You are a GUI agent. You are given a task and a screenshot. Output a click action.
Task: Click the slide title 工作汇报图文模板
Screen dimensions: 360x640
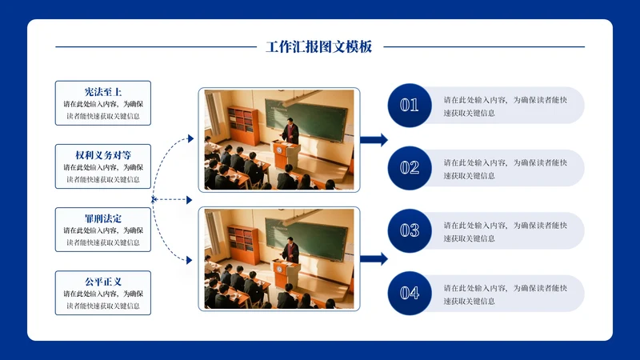[319, 47]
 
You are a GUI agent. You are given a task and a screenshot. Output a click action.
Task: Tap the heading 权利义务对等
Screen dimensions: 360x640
[103, 154]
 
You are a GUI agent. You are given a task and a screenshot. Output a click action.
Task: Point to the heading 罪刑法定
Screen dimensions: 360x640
[103, 218]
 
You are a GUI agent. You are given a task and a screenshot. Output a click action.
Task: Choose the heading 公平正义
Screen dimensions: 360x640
[103, 281]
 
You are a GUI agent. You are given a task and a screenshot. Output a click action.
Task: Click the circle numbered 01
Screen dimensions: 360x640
[410, 105]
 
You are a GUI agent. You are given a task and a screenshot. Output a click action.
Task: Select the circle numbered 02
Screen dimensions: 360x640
[410, 168]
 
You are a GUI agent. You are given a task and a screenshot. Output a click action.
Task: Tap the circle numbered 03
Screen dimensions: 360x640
[410, 230]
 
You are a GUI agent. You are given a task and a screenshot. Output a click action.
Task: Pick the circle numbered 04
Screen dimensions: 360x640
[410, 293]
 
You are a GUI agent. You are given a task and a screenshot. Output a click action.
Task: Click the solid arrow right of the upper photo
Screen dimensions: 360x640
[374, 140]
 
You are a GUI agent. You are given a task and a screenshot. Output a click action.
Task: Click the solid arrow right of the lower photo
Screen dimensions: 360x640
[374, 258]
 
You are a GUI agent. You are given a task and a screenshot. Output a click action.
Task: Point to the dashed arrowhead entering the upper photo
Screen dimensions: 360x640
[190, 139]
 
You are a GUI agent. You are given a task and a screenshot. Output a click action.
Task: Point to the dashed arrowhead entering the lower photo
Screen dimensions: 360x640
[190, 260]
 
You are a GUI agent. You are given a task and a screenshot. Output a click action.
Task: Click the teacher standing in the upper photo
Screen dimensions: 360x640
[290, 130]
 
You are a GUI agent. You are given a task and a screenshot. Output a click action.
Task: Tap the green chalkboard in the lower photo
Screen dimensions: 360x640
[317, 236]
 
